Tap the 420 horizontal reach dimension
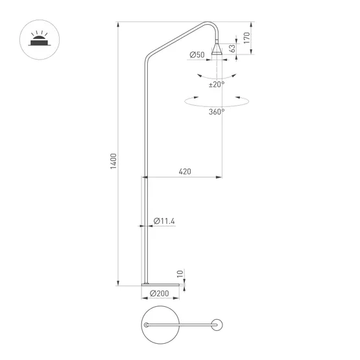(185, 171)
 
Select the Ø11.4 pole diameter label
(165, 221)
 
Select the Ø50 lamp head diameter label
(197, 55)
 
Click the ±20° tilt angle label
(217, 84)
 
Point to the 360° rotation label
(217, 112)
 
